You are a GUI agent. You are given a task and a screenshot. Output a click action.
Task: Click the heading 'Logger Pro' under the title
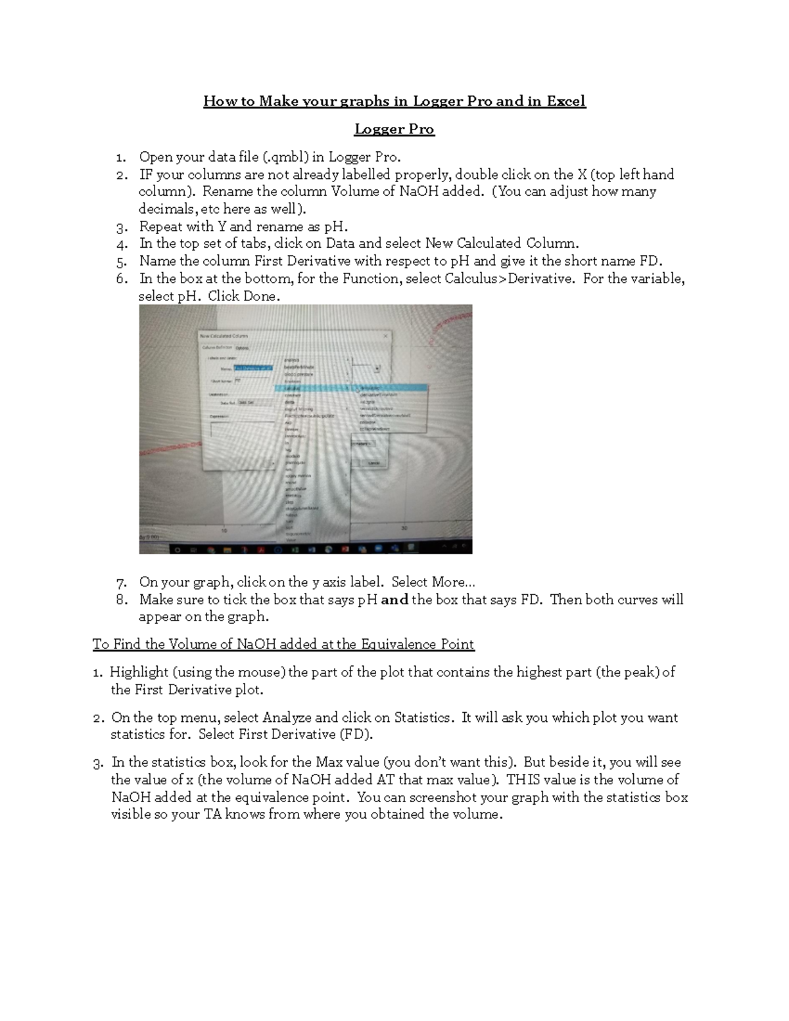(x=394, y=129)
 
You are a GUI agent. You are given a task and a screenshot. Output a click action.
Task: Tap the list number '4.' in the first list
(x=121, y=243)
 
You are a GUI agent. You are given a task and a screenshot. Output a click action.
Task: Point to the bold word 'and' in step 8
(x=394, y=599)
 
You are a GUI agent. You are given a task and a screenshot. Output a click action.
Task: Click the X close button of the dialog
(x=386, y=336)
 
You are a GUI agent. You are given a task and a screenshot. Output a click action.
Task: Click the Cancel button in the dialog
(x=373, y=463)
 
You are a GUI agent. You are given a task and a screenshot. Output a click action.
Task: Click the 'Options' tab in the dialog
(x=242, y=347)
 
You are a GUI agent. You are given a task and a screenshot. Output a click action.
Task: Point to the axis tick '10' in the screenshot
(x=224, y=530)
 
